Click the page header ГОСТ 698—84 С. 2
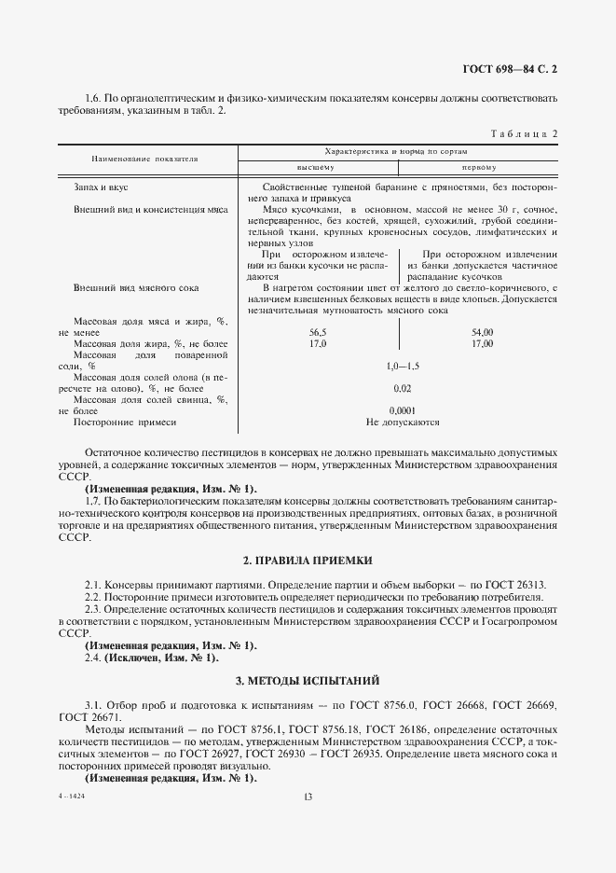515,68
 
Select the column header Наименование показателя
144,159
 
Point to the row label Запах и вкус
102,187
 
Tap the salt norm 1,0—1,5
403,367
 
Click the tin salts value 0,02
403,388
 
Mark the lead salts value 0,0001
403,410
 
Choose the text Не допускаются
403,423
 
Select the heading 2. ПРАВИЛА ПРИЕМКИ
308,561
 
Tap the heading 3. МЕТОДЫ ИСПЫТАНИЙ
308,681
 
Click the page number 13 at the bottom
308,796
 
